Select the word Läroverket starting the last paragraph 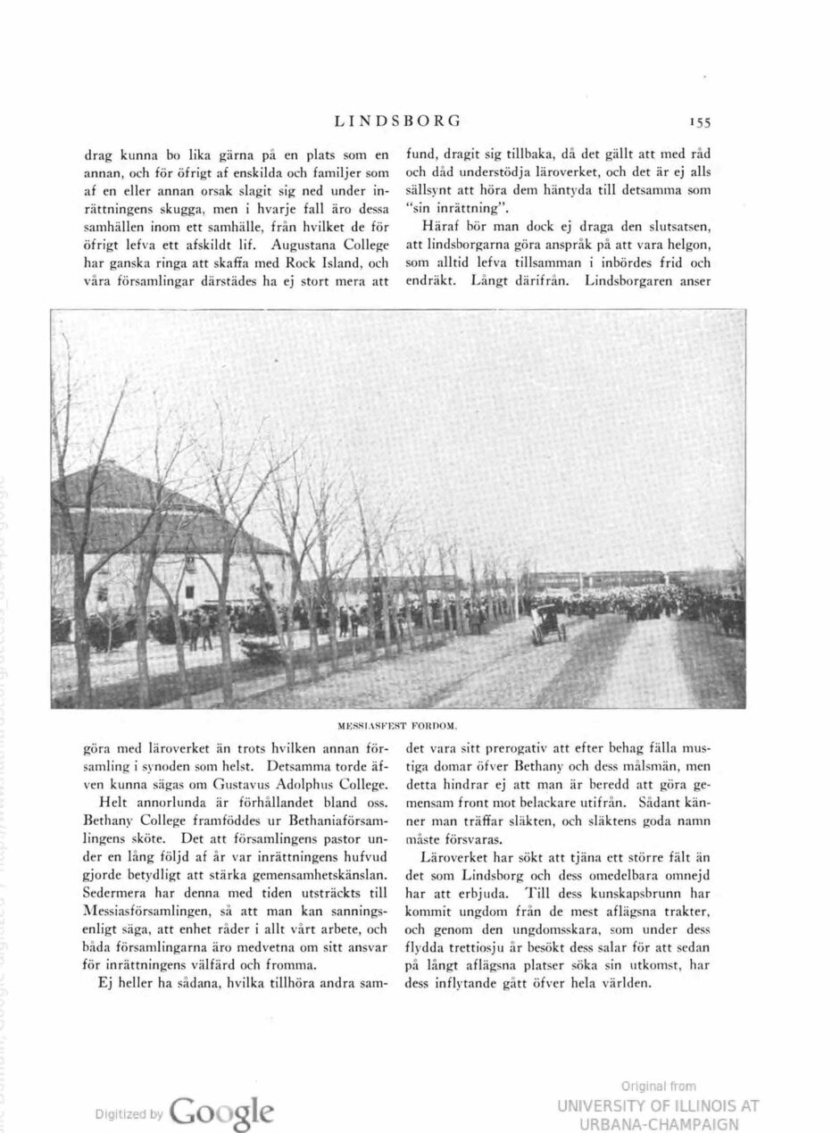tap(454, 857)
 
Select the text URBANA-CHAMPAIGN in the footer tap(660, 1123)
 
